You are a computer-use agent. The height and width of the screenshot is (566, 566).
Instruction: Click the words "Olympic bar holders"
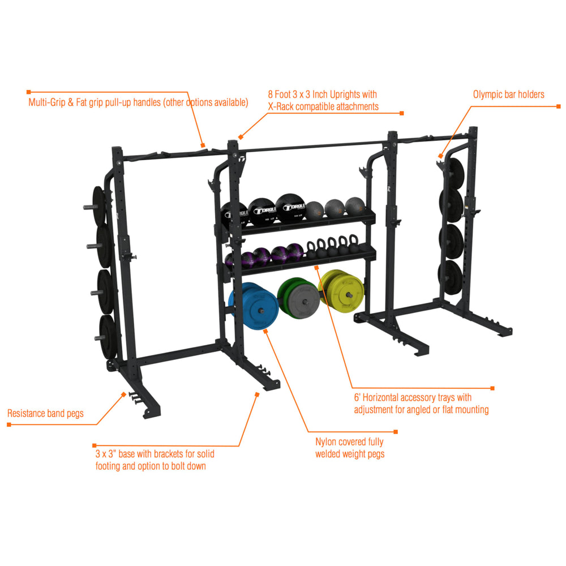[508, 95]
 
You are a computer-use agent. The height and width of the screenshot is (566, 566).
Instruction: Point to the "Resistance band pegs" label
[45, 414]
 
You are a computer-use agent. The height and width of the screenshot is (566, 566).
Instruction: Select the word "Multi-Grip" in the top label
[48, 103]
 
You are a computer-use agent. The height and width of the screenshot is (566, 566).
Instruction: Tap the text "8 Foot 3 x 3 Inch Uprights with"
[323, 95]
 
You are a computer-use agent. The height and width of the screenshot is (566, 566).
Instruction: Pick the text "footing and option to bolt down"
[151, 466]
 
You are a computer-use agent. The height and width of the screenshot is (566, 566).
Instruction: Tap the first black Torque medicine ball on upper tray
[233, 214]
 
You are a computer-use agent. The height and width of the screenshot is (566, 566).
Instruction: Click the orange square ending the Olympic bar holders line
[558, 106]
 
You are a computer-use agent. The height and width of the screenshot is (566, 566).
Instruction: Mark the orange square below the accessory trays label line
[492, 388]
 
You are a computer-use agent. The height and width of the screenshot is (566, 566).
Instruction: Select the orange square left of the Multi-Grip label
[28, 91]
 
